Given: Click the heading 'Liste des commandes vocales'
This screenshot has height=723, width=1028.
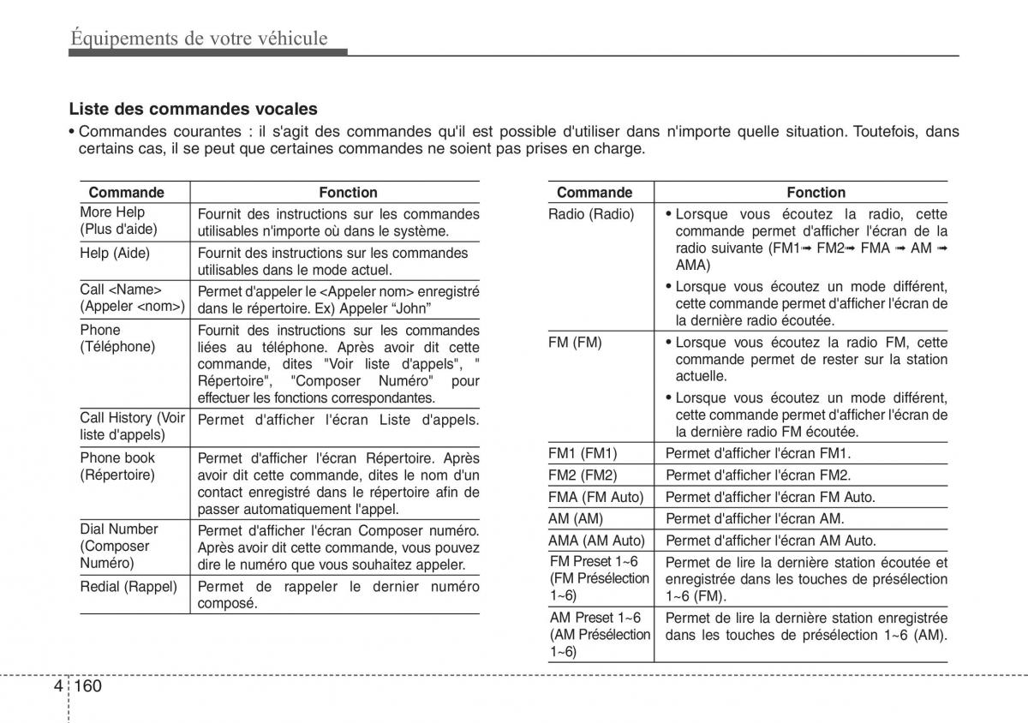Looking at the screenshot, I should (x=193, y=109).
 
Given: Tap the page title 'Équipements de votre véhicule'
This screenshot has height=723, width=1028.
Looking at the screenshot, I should (x=199, y=38).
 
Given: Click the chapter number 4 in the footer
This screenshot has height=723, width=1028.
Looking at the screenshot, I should (x=57, y=686).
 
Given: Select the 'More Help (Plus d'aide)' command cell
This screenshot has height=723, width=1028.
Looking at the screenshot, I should (x=119, y=221).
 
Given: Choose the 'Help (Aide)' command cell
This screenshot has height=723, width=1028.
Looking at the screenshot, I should (x=115, y=254).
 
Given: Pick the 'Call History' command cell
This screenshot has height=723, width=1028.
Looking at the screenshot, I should (x=133, y=426).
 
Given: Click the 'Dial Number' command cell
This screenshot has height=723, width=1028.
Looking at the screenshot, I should (x=119, y=546).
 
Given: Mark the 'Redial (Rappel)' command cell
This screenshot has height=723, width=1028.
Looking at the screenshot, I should (x=128, y=587).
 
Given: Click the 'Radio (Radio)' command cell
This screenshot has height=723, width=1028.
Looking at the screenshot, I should (x=591, y=214).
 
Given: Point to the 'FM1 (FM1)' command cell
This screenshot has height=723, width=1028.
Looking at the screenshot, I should (x=583, y=453).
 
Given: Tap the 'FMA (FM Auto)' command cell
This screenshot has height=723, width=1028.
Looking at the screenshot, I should (x=595, y=497).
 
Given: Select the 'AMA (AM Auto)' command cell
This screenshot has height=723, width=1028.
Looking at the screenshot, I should (x=595, y=541).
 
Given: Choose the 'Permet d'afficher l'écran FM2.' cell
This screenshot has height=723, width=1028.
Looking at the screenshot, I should (x=758, y=475).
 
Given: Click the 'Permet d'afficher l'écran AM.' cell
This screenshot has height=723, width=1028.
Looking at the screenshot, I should (x=755, y=518).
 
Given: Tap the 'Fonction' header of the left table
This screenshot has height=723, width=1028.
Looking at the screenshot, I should (x=348, y=193).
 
